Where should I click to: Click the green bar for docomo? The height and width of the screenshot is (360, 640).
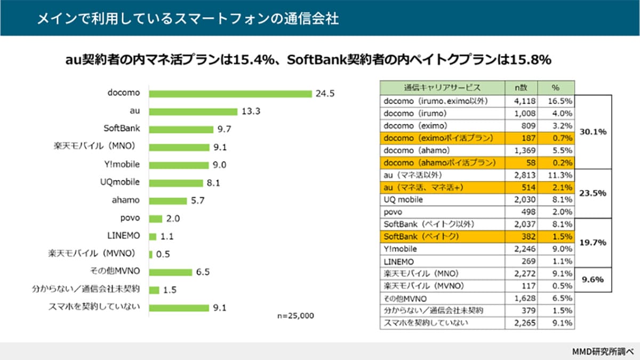pyautogui.click(x=230, y=94)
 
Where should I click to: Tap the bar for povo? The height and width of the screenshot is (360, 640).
pyautogui.click(x=156, y=219)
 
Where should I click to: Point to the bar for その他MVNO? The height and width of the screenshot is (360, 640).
pyautogui.click(x=171, y=272)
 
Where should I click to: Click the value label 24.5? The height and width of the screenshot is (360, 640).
pyautogui.click(x=325, y=94)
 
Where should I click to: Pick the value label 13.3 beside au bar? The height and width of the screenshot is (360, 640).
pyautogui.click(x=251, y=111)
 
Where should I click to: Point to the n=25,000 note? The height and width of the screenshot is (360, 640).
pyautogui.click(x=295, y=315)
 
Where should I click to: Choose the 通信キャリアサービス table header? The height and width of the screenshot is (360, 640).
pyautogui.click(x=442, y=87)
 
